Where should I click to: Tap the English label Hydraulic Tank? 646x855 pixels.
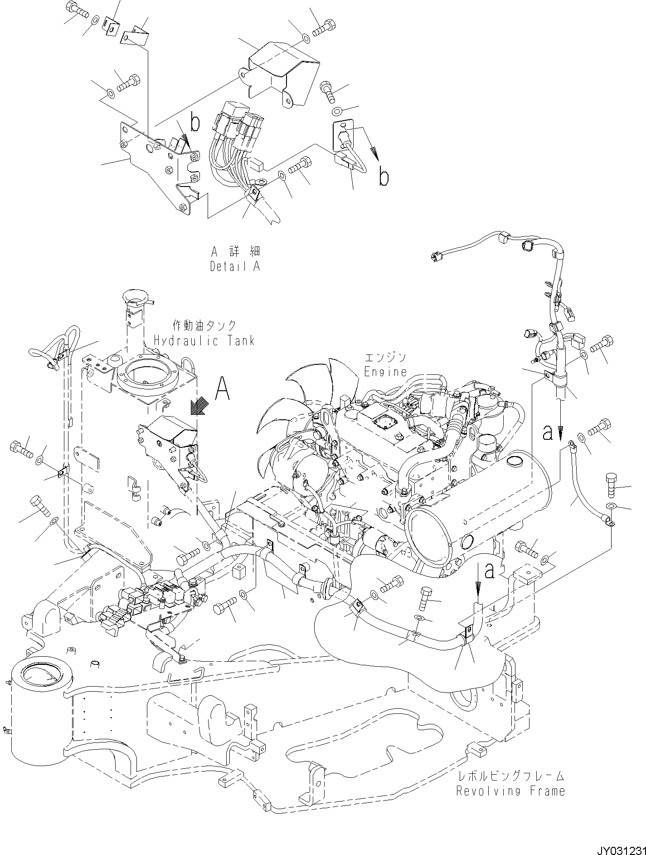[x=204, y=340]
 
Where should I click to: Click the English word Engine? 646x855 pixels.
[x=386, y=372]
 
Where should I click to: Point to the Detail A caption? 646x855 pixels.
[x=235, y=266]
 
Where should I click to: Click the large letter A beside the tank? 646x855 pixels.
[x=222, y=389]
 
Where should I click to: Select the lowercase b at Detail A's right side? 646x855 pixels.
[x=384, y=177]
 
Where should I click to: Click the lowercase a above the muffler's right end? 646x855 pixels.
[x=548, y=433]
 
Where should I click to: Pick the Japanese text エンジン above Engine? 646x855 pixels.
[x=385, y=357]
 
